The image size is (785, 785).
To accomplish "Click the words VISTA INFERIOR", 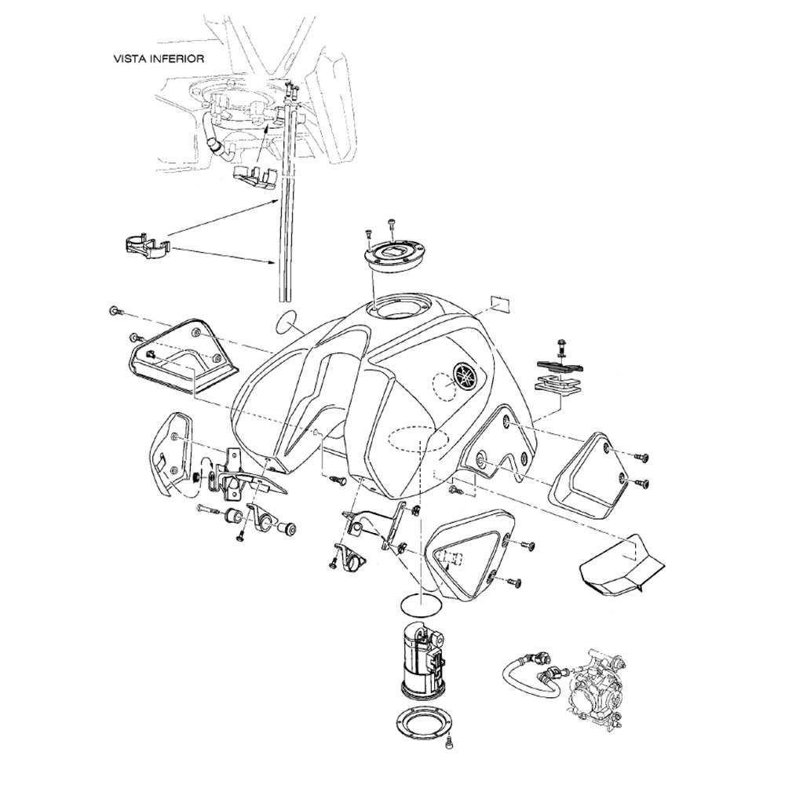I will pyautogui.click(x=160, y=58).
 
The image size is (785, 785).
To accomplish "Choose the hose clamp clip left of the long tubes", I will pyautogui.click(x=146, y=246).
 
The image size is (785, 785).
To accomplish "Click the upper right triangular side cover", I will pyautogui.click(x=592, y=475).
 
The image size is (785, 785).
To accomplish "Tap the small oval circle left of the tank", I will pyautogui.click(x=287, y=321).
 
